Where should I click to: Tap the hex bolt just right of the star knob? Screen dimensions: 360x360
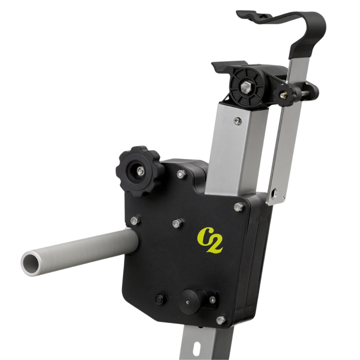181,174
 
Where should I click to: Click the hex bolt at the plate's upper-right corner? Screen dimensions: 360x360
238,207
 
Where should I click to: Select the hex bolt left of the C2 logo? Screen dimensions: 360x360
177,223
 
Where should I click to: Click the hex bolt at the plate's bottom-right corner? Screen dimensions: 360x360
221,320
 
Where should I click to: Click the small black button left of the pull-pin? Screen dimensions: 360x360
160,298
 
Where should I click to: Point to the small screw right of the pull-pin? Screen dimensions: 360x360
212,299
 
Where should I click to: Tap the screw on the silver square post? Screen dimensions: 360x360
237,121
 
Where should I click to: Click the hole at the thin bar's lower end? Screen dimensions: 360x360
276,195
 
